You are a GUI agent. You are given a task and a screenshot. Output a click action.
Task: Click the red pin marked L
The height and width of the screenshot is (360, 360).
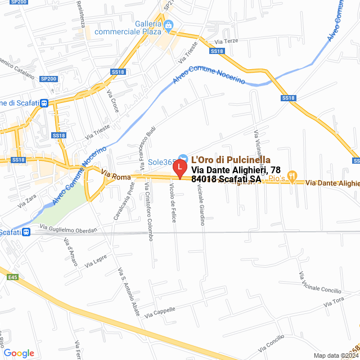(x=179, y=168)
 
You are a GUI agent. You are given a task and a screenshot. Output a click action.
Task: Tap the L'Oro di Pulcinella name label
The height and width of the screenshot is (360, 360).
(x=231, y=160)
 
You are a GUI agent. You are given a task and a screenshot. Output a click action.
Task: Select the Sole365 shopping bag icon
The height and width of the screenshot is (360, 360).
(x=183, y=157)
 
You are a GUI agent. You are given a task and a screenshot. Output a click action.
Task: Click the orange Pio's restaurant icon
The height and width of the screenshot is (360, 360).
(x=292, y=176)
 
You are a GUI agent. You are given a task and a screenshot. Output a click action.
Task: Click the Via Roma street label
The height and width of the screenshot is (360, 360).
(x=116, y=175)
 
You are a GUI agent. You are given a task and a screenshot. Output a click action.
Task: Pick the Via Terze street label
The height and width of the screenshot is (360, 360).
(x=231, y=42)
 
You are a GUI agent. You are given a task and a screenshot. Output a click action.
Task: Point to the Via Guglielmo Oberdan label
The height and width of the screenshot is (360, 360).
(x=69, y=228)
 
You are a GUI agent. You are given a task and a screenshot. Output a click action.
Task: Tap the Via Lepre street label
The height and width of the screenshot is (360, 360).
(x=96, y=262)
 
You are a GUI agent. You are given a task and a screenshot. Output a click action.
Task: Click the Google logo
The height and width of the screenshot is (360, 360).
(x=19, y=353)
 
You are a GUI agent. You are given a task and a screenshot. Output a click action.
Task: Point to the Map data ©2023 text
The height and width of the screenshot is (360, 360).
(x=336, y=355)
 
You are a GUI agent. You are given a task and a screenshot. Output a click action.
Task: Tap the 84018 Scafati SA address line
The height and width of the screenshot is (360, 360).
(x=226, y=179)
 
